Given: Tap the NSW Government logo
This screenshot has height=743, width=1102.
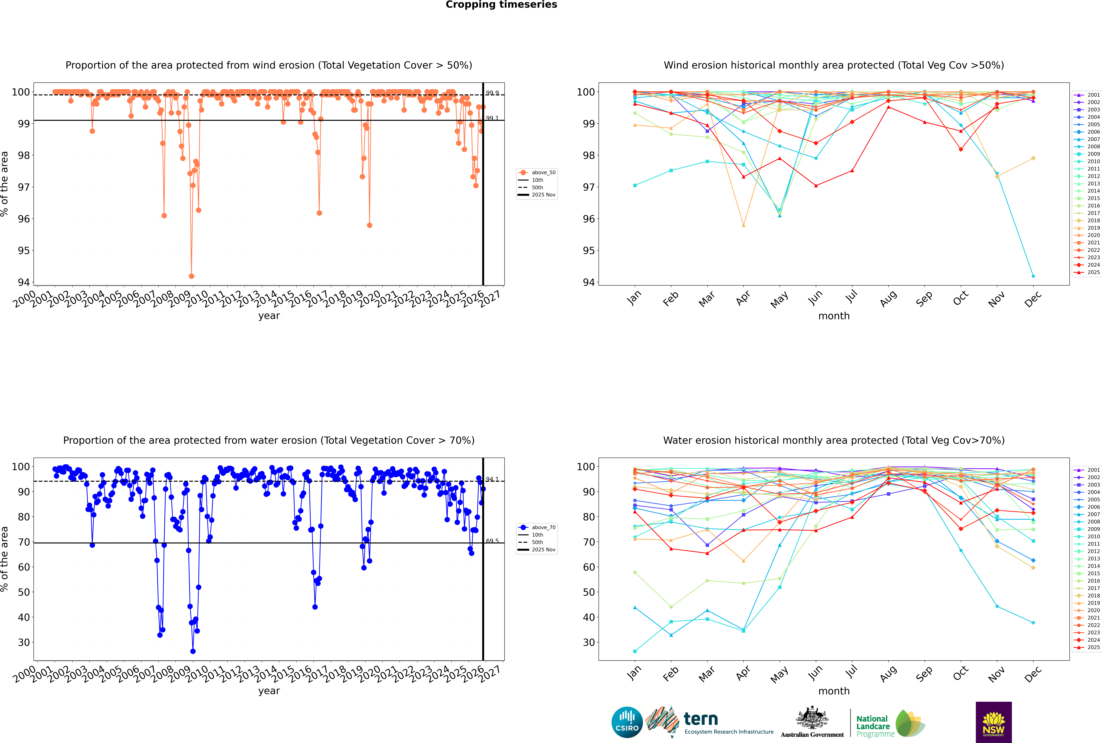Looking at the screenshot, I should tap(993, 722).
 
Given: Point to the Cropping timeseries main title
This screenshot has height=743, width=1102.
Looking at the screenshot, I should tap(501, 5).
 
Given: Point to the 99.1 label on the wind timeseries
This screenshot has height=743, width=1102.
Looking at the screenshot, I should tap(492, 118).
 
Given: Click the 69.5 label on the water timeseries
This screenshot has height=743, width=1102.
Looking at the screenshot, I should tap(492, 541).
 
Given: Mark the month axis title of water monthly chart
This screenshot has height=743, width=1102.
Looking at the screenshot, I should tap(834, 691).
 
